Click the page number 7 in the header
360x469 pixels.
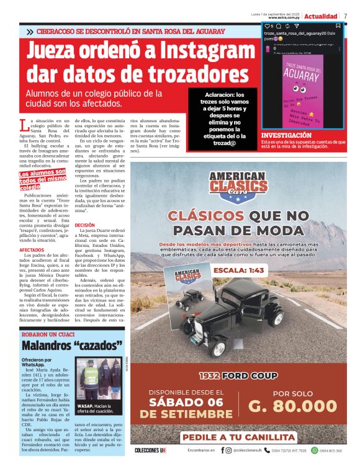click(x=345, y=16)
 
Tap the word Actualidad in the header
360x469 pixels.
click(x=321, y=16)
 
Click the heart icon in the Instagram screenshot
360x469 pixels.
click(x=267, y=27)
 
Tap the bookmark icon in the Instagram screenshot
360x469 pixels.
click(x=338, y=27)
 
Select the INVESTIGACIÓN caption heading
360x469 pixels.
click(x=286, y=135)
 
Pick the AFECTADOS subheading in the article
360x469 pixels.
click(x=32, y=250)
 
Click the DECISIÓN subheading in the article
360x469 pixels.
click(x=84, y=225)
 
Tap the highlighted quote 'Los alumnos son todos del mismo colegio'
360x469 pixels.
click(x=42, y=179)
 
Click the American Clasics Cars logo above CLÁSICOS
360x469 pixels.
click(x=239, y=185)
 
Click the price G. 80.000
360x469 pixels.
click(x=294, y=406)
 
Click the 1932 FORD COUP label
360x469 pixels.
click(x=238, y=376)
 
